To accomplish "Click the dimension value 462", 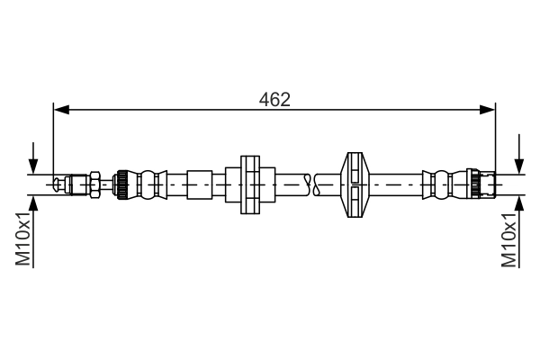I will (x=274, y=98).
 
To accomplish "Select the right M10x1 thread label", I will (x=509, y=240).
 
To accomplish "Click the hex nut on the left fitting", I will (x=92, y=184).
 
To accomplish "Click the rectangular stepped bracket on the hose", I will (x=249, y=184).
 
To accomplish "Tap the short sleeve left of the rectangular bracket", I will (x=199, y=184).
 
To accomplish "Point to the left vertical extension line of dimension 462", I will (x=53, y=144).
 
